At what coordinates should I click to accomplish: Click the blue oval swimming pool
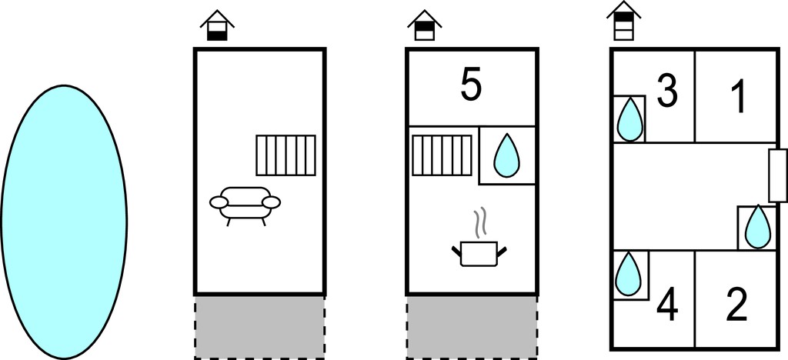click(64, 222)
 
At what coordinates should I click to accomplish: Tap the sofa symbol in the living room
click(245, 205)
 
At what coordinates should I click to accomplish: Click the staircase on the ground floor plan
click(286, 155)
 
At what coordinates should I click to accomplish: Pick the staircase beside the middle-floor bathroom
click(442, 155)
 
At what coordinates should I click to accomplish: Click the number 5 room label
click(471, 86)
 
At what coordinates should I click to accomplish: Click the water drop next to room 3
click(629, 119)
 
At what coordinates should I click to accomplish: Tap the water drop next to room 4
click(628, 274)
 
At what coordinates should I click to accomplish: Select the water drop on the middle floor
click(506, 155)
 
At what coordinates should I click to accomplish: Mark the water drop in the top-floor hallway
click(758, 227)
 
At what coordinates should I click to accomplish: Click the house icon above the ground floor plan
click(217, 25)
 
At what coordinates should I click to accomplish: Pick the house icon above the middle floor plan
click(425, 25)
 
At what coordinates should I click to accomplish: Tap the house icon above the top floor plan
click(623, 21)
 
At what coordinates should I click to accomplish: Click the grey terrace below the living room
click(260, 327)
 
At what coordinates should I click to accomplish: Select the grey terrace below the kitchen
click(472, 327)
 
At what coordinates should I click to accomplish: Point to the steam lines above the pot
click(481, 222)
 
